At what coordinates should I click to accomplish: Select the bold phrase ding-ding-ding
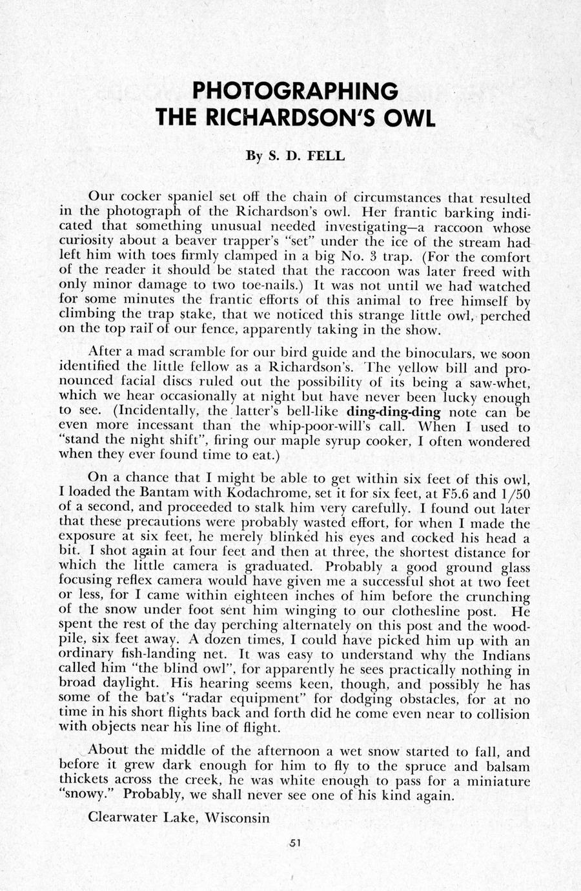coord(394,412)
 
